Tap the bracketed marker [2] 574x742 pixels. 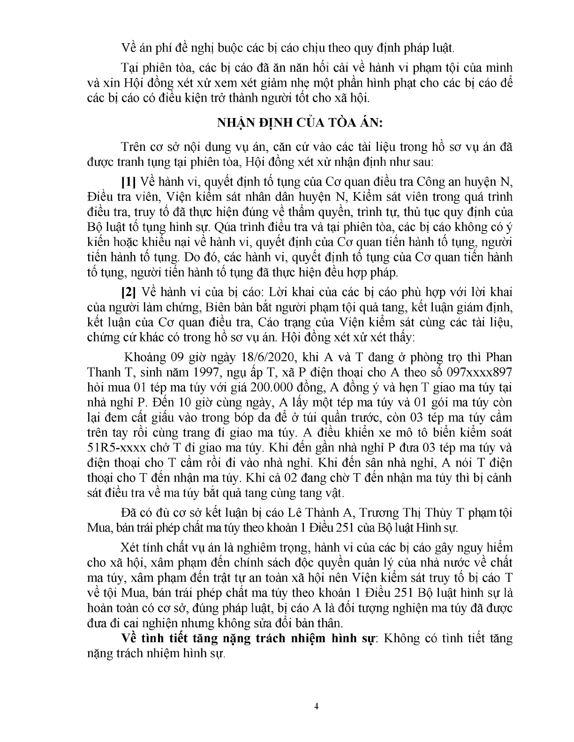pyautogui.click(x=128, y=292)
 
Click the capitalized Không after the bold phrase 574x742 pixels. pyautogui.click(x=402, y=638)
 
